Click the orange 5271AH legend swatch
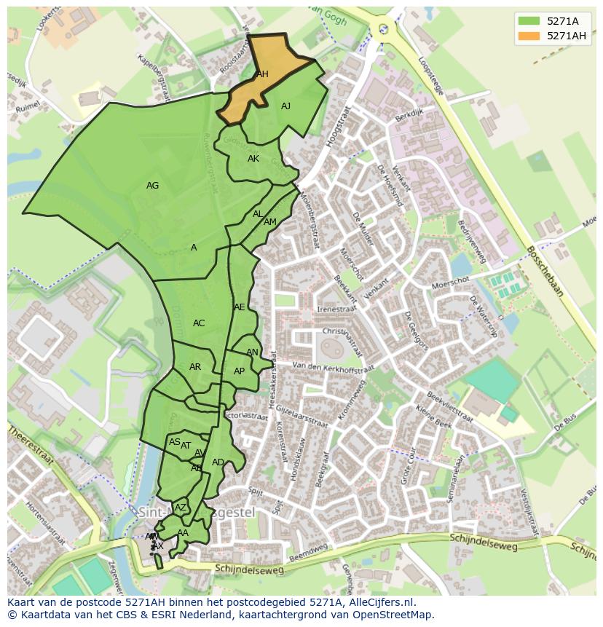[x=529, y=36]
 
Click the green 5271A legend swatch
[x=529, y=21]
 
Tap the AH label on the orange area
[x=262, y=74]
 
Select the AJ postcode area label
[x=285, y=106]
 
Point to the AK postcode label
[x=253, y=159]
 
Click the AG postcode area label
[x=152, y=186]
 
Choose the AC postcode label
[x=199, y=323]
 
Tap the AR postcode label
[x=195, y=367]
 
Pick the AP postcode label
[x=239, y=371]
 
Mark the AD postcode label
[x=218, y=462]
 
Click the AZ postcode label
[x=181, y=508]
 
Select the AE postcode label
[x=240, y=307]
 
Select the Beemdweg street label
[x=307, y=556]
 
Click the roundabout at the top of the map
[x=382, y=29]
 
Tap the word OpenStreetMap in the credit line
[x=395, y=615]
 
